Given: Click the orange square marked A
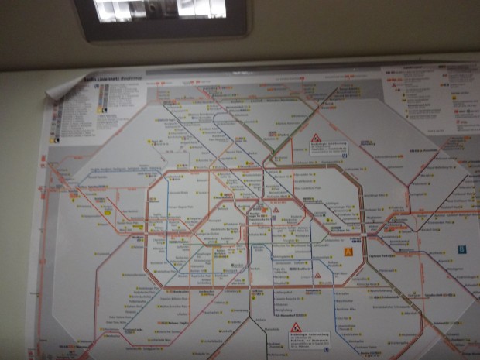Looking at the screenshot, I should (x=348, y=251).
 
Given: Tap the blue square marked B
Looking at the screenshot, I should (x=461, y=249).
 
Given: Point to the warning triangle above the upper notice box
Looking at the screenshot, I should (x=316, y=138).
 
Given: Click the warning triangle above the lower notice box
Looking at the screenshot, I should (x=296, y=328).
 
